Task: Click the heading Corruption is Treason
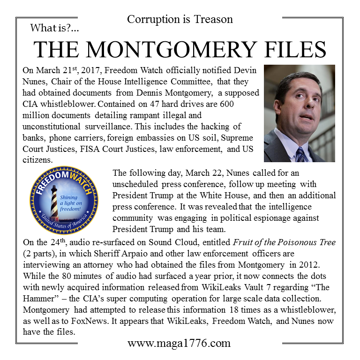point(180,19)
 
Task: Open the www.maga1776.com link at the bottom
point(179,343)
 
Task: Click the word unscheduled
point(137,184)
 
